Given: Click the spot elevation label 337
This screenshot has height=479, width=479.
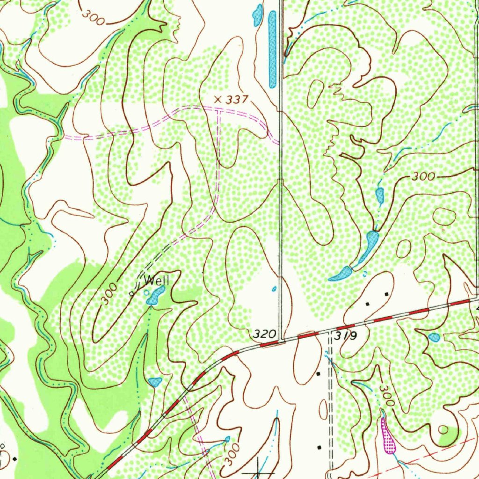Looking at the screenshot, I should [x=236, y=100].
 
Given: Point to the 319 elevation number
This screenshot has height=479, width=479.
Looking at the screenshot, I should [x=346, y=336].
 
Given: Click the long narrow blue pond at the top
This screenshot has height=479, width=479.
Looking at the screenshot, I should [x=273, y=49].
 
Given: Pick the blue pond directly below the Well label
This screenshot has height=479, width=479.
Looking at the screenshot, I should [x=155, y=296].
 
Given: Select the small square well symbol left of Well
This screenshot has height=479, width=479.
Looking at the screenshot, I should [x=131, y=294].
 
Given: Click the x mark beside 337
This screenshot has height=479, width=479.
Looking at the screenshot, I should [x=217, y=99].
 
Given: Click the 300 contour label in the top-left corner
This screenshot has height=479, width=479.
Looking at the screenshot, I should [x=93, y=15].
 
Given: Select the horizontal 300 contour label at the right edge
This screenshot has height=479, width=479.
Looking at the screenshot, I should [x=424, y=177].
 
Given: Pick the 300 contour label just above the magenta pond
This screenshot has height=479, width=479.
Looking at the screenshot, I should [x=387, y=395].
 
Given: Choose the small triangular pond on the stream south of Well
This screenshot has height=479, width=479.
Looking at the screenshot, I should [x=155, y=382].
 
